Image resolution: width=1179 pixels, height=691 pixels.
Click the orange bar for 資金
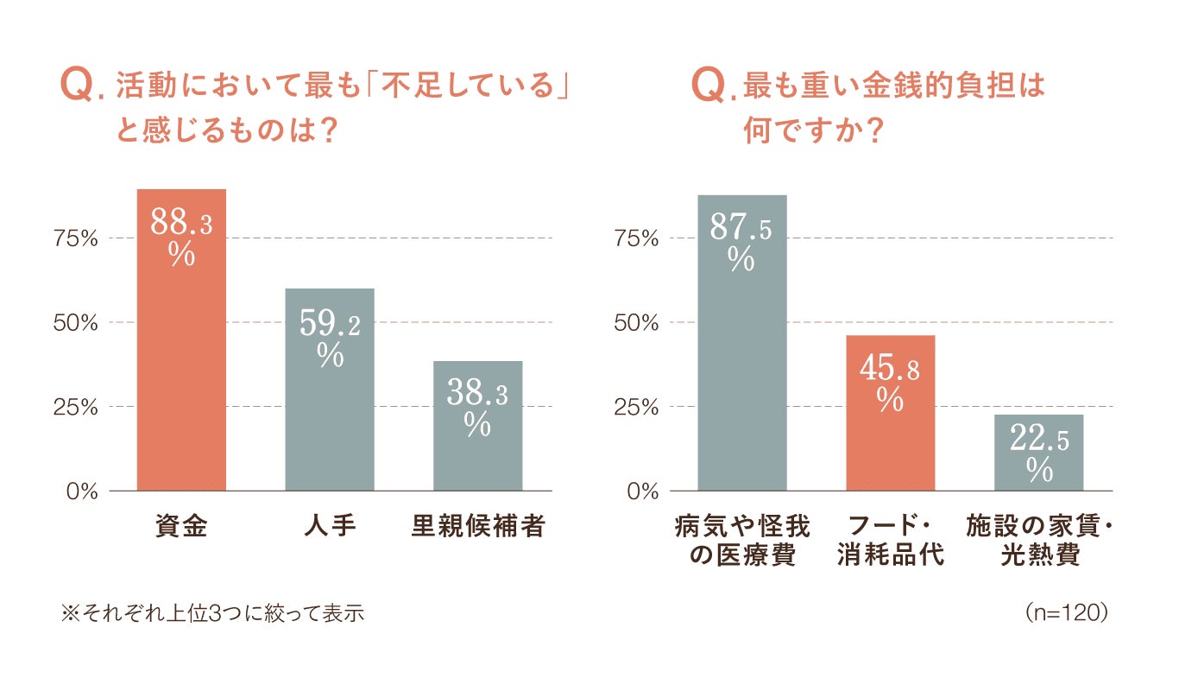(181, 339)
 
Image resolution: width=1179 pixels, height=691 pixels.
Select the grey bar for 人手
(330, 390)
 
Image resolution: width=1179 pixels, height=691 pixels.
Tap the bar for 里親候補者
(478, 426)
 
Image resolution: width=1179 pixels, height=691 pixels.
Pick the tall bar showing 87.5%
(742, 343)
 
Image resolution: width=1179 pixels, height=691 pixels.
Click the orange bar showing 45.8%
(891, 413)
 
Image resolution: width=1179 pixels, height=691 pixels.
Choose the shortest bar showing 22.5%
(1039, 453)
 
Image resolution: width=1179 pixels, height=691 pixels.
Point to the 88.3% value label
(181, 236)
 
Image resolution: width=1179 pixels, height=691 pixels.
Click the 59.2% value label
(330, 338)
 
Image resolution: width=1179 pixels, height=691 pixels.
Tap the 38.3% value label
(478, 407)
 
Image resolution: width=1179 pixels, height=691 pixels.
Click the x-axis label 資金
(181, 526)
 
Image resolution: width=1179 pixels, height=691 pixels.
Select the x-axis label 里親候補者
(478, 526)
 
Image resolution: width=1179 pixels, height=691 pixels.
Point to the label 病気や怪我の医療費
(742, 540)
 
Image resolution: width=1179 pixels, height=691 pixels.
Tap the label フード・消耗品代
(891, 540)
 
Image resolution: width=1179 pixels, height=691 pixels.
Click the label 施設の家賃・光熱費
(1039, 540)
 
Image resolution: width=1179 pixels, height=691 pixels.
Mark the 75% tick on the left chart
(75, 238)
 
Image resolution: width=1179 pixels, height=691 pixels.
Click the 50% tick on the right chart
(636, 323)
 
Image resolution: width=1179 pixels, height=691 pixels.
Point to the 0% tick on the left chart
(82, 491)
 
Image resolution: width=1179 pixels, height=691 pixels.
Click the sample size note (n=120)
(1066, 612)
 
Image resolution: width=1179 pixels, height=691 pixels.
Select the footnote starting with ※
(212, 613)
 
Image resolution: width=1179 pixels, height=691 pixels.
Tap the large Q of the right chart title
(709, 85)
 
